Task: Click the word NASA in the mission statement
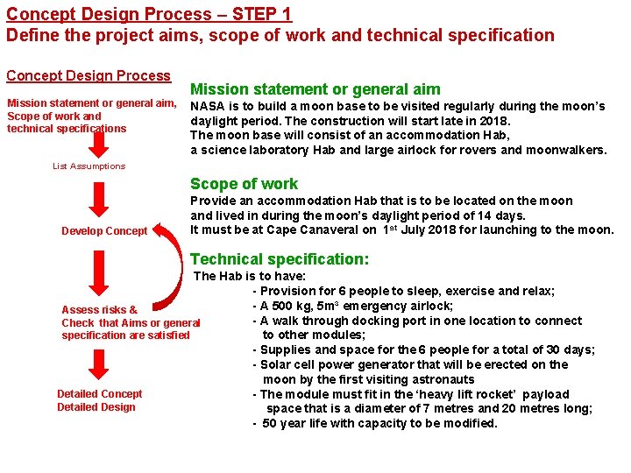(x=208, y=106)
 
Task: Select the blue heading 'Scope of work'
(x=244, y=184)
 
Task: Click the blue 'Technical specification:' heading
(x=280, y=259)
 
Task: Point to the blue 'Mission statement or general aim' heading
(x=315, y=88)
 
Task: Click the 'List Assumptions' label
(x=89, y=166)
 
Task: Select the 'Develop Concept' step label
(x=104, y=231)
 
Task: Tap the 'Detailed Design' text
(x=96, y=406)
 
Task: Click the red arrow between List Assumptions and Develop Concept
(x=100, y=197)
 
